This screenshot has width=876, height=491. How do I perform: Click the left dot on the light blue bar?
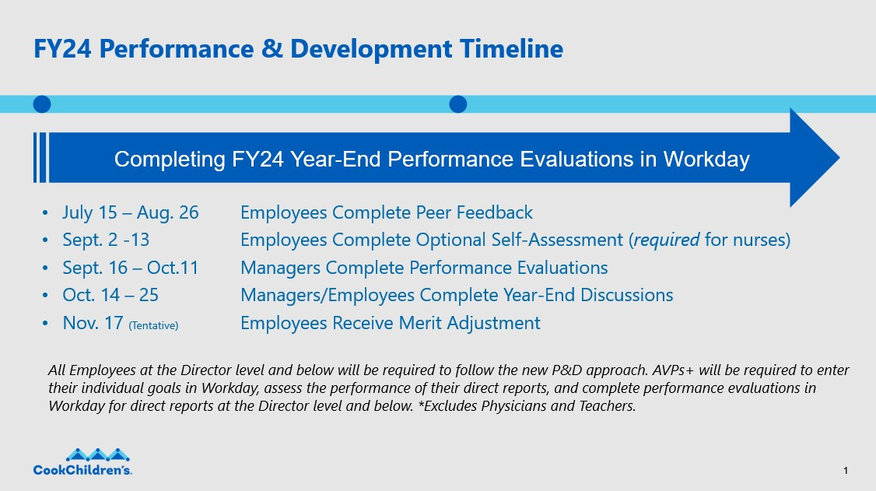click(42, 103)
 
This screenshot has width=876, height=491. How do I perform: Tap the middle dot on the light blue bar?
click(458, 103)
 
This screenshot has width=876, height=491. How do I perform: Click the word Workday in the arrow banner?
click(706, 160)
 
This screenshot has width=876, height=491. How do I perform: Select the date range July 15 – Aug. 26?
click(131, 212)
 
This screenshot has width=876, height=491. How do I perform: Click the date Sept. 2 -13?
click(106, 240)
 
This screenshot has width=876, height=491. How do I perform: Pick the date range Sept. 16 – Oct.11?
click(131, 268)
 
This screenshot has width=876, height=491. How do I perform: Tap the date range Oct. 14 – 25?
click(110, 295)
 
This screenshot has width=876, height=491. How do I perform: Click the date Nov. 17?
click(93, 323)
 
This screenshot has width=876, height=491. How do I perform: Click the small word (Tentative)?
click(153, 324)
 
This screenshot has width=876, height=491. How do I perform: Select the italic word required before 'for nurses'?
click(667, 240)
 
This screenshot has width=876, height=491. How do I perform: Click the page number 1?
click(845, 471)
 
